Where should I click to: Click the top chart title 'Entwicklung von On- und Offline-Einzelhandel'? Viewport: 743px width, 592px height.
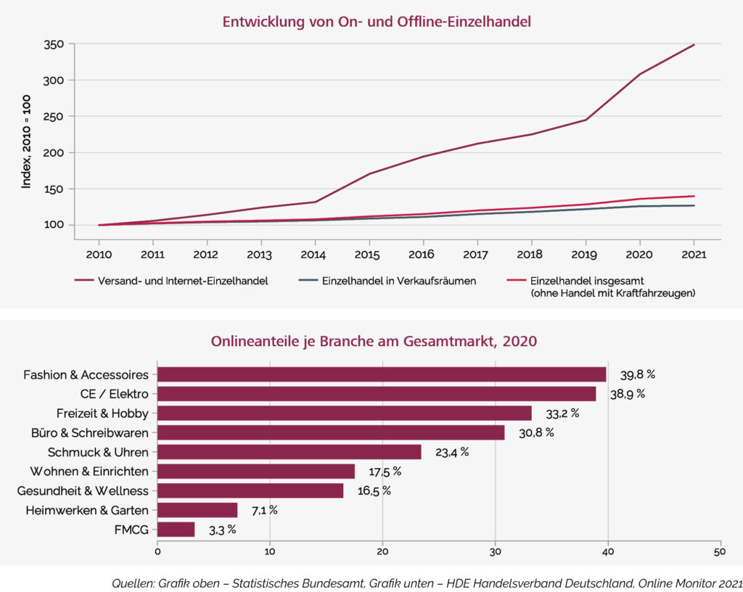point(377,22)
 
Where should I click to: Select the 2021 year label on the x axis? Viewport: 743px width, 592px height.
point(694,254)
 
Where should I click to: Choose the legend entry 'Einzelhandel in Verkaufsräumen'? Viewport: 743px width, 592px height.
point(398,281)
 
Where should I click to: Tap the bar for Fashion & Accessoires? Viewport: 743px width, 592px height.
point(382,374)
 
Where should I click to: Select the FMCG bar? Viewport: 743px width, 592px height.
point(176,530)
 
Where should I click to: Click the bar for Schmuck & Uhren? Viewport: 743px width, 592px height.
point(289,452)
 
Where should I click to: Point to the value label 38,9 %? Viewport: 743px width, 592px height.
point(627,394)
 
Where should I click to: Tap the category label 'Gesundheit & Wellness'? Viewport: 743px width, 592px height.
point(83,491)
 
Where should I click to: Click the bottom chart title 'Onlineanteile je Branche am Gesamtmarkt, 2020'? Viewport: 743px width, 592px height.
point(374,341)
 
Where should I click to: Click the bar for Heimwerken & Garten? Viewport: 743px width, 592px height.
point(197,510)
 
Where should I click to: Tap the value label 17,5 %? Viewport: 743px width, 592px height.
point(385,472)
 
